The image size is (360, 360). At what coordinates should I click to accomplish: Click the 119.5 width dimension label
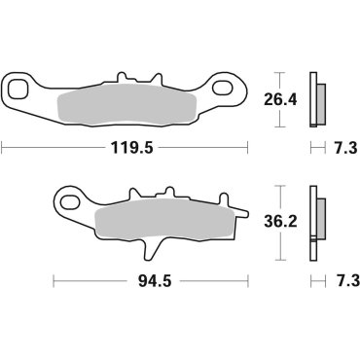[x=126, y=149]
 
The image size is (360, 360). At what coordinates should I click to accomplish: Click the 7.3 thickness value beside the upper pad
[x=342, y=149]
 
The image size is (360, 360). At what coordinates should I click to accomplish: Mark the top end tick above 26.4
[x=278, y=73]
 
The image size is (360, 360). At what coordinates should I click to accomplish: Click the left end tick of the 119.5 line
[x=4, y=149]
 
